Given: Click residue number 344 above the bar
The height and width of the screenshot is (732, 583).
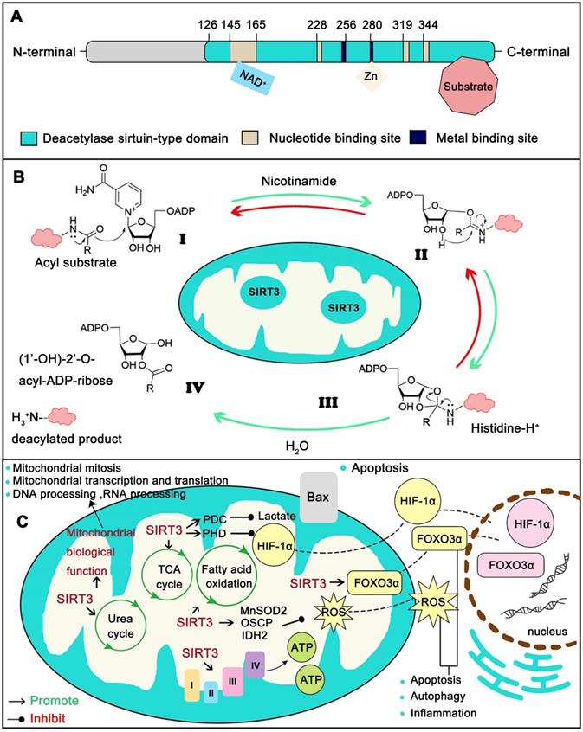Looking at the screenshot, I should point(428,23).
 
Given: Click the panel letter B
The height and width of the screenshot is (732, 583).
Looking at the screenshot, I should point(16,172).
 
